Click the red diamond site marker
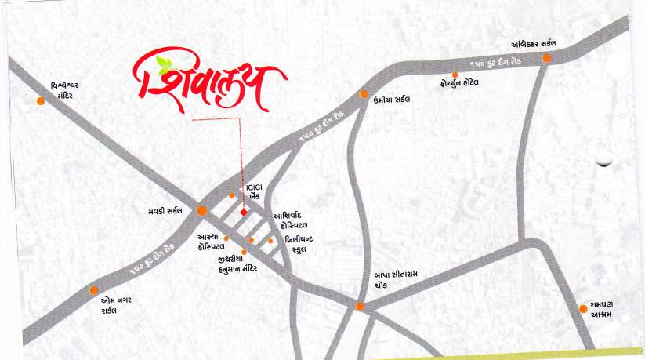point(244,212)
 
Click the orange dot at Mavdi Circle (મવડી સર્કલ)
point(202,210)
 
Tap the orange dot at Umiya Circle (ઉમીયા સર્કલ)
point(364,94)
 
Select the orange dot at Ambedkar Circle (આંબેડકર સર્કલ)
point(547,57)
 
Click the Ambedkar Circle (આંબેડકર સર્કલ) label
point(539,44)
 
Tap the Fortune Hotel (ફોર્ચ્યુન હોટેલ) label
point(460,82)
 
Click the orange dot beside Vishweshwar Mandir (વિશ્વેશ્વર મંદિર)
point(41,100)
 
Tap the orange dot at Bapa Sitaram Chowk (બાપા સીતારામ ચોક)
point(360,306)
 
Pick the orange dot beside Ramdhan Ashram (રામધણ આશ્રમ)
point(583,308)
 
